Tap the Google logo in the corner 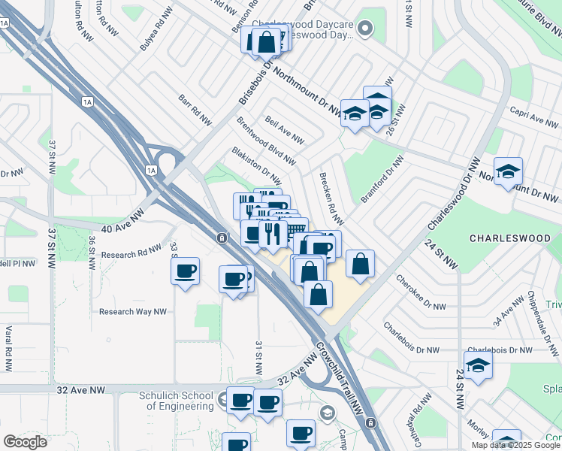(24, 442)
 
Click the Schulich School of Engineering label (177, 401)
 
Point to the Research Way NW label (132, 311)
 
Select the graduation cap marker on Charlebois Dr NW (479, 366)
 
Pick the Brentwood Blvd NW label (266, 141)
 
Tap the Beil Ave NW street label (285, 129)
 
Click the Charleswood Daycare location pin (366, 29)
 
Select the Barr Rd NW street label (195, 110)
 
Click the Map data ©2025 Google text (516, 445)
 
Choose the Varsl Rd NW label (9, 348)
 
